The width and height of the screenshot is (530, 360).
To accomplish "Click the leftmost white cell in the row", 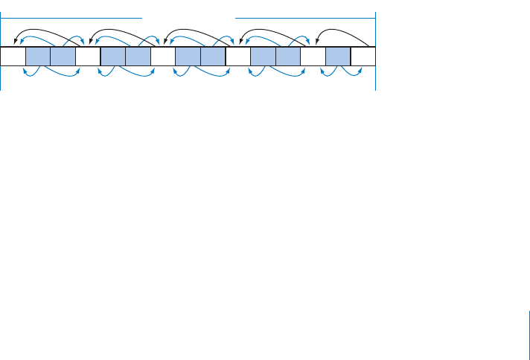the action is coord(13,57).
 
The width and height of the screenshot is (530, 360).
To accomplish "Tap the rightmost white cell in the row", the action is coord(363,57).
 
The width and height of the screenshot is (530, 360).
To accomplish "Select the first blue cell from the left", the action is coord(38,57).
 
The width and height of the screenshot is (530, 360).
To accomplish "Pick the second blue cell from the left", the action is coord(63,57).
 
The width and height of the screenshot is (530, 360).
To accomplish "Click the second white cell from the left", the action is coord(88,57).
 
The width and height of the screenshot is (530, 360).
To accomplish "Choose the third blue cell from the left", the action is coord(113,57).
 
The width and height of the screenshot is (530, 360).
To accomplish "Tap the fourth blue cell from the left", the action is coord(138,57).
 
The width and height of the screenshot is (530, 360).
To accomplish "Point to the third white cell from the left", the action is coord(163,57).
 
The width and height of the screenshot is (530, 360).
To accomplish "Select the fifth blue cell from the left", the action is coord(188,57).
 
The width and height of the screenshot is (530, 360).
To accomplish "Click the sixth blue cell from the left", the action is coord(213,57).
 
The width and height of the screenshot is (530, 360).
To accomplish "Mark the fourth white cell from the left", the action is coord(238,57).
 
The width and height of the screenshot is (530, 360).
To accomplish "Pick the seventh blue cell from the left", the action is coord(264,57).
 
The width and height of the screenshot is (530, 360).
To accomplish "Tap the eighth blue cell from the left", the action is coord(288,57).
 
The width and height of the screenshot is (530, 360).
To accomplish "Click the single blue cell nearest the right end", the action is coord(338,57).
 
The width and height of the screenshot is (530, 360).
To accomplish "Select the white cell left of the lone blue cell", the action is coord(313,57).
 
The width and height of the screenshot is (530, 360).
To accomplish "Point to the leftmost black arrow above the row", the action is coord(48,30).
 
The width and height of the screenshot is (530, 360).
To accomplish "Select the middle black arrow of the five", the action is coord(197,30).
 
